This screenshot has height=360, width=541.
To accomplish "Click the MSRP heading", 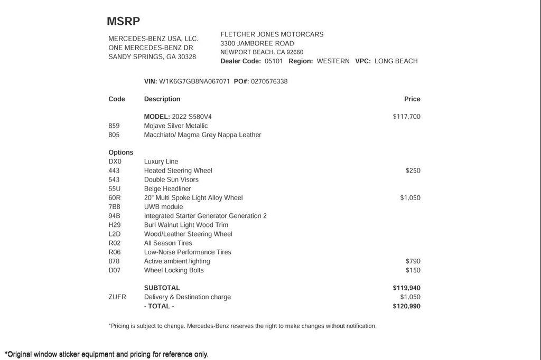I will (123, 22).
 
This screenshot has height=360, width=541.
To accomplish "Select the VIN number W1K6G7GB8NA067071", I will (194, 81).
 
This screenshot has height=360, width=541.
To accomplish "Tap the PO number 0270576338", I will (269, 81).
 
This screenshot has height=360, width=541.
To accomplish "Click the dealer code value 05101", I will (274, 61).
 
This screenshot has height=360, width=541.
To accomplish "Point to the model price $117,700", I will (406, 117).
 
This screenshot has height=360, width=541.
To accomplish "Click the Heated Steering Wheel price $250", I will (413, 170).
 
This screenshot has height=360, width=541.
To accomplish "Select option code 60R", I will (115, 198).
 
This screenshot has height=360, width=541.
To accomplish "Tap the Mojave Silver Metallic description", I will (176, 126).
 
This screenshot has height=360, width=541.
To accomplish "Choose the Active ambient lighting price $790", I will (413, 261).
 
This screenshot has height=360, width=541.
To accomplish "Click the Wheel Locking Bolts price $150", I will (413, 270).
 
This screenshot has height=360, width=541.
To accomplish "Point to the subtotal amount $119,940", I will (406, 288).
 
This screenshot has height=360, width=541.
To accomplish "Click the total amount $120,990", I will (406, 306).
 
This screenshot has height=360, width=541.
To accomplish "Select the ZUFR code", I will (117, 297).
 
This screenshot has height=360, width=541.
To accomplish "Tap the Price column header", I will (412, 99).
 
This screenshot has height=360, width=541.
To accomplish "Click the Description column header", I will (162, 99).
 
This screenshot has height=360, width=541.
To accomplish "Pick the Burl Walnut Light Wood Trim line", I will (186, 225).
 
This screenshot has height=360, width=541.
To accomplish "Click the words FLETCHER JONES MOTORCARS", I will (272, 34).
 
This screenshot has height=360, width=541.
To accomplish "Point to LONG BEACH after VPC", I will (396, 61).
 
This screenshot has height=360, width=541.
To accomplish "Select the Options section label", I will (121, 153).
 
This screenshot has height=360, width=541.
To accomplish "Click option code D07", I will (115, 270).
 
